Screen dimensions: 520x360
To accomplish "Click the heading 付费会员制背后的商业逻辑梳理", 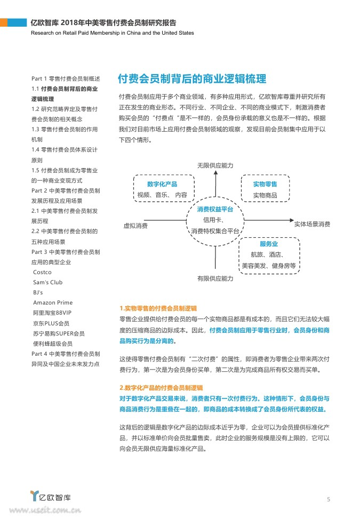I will pyautogui.click(x=192, y=79).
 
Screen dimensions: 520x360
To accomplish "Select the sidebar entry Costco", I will pyautogui.click(x=42, y=272).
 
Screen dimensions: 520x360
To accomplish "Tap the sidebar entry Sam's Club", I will pyautogui.click(x=47, y=282).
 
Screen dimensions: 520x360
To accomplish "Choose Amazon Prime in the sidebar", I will pyautogui.click(x=53, y=302).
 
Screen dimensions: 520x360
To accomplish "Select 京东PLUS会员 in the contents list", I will pyautogui.click(x=51, y=323).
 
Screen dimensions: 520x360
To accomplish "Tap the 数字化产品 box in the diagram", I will pyautogui.click(x=162, y=189).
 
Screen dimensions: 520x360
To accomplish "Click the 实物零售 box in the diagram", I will pyautogui.click(x=265, y=189).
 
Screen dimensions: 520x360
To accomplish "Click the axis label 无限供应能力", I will pyautogui.click(x=215, y=166).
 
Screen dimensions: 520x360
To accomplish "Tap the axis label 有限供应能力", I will pyautogui.click(x=215, y=278).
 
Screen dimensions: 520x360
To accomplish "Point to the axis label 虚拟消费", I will pyautogui.click(x=135, y=226).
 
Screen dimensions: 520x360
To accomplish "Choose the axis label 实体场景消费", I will pyautogui.click(x=312, y=224).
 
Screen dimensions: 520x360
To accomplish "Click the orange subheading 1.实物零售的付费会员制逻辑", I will pyautogui.click(x=158, y=308).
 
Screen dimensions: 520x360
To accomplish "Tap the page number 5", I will pyautogui.click(x=329, y=499).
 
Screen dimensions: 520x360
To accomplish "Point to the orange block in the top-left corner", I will pyautogui.click(x=4, y=23).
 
